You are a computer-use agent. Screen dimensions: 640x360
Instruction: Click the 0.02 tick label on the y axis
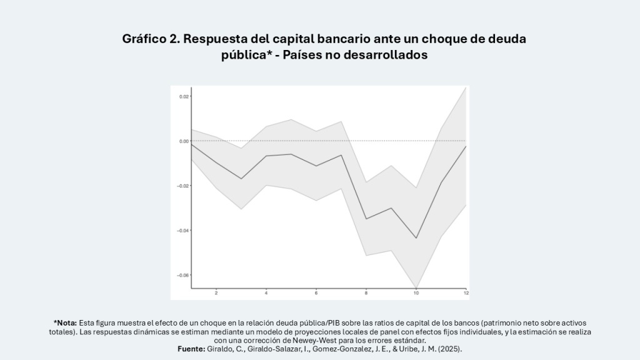click(184, 96)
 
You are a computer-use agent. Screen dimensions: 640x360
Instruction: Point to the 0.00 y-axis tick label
click(184, 141)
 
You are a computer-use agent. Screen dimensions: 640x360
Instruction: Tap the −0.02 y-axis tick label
click(183, 186)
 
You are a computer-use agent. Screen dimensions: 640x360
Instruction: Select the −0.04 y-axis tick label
click(183, 231)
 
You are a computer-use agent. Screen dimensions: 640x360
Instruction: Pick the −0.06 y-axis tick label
click(183, 275)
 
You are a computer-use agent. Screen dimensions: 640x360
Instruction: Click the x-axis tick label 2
click(216, 293)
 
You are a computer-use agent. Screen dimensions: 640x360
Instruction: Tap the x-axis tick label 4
click(266, 293)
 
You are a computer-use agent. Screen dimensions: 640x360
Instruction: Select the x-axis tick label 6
click(316, 293)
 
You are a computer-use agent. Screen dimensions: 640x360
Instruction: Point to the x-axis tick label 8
click(366, 293)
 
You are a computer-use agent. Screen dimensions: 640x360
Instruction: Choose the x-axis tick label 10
click(416, 293)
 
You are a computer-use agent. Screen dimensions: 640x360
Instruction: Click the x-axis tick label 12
click(466, 293)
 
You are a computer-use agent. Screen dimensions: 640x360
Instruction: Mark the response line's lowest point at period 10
click(416, 238)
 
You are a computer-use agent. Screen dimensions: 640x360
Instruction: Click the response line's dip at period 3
click(241, 179)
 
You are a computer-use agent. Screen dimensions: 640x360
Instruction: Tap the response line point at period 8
click(366, 219)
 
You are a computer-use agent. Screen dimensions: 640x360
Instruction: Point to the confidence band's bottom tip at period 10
click(416, 287)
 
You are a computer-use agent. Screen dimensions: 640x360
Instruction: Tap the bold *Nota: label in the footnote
click(65, 323)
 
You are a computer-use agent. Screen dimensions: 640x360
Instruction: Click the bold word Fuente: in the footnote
click(191, 349)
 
